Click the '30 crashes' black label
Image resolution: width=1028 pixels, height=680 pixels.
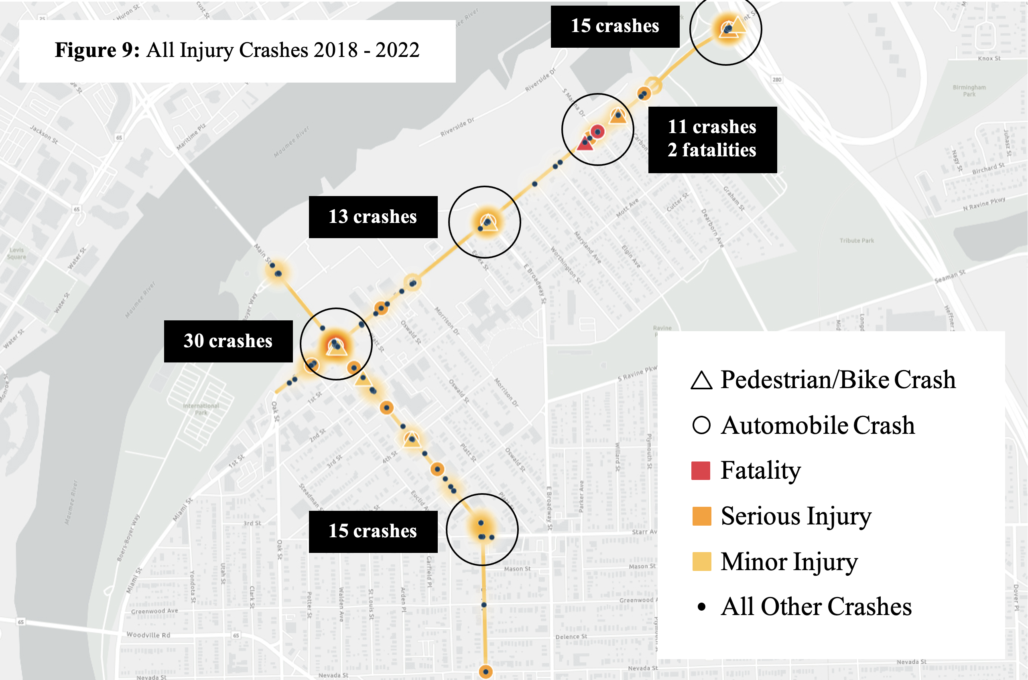(x=228, y=341)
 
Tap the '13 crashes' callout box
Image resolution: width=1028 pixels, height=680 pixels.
(x=373, y=217)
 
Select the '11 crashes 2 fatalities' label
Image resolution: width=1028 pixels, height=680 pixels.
(x=712, y=139)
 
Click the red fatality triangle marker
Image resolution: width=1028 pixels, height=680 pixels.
(x=585, y=144)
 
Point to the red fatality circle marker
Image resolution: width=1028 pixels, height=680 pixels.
(x=597, y=132)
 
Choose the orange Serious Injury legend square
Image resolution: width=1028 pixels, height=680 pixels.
(x=701, y=516)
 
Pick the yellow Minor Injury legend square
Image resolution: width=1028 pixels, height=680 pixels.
(x=701, y=562)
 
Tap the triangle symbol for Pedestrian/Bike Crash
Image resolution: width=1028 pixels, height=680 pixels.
(x=701, y=381)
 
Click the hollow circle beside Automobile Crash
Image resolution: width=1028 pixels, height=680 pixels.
(x=701, y=425)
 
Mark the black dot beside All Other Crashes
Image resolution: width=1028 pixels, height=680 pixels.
(x=701, y=607)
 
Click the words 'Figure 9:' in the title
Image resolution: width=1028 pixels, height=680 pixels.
(x=97, y=50)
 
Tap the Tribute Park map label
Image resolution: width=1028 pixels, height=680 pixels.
(x=856, y=241)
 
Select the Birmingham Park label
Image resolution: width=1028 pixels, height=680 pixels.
(x=969, y=91)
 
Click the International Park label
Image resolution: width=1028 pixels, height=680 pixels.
(x=201, y=409)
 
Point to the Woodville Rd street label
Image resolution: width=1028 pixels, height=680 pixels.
(x=148, y=635)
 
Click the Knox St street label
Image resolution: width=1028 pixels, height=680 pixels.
(x=989, y=59)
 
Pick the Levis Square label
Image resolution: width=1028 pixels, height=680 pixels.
(x=16, y=253)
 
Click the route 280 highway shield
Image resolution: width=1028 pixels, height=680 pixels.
(x=776, y=80)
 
